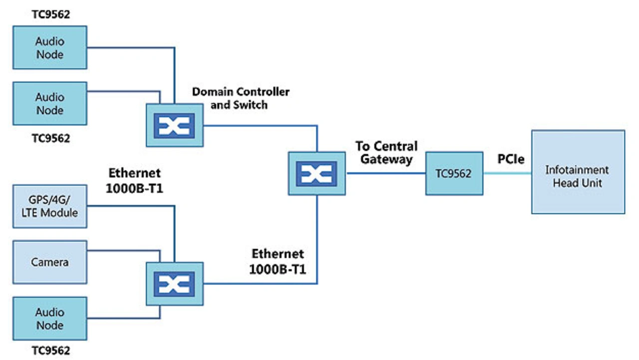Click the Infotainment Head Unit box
click(578, 172)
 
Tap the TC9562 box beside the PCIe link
click(454, 173)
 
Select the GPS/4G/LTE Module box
click(49, 206)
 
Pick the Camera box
click(49, 262)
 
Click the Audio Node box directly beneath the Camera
click(49, 319)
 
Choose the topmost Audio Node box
click(49, 47)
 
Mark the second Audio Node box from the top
click(49, 103)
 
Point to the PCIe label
click(511, 159)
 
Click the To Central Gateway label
click(386, 153)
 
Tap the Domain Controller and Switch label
click(241, 98)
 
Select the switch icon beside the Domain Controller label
click(174, 125)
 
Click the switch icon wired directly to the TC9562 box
click(317, 173)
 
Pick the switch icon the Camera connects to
click(174, 284)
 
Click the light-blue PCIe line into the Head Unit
click(507, 173)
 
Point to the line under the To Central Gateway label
click(385, 173)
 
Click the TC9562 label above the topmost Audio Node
click(49, 14)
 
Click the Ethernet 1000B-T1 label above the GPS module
click(135, 180)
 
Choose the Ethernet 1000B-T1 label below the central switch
click(278, 261)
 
